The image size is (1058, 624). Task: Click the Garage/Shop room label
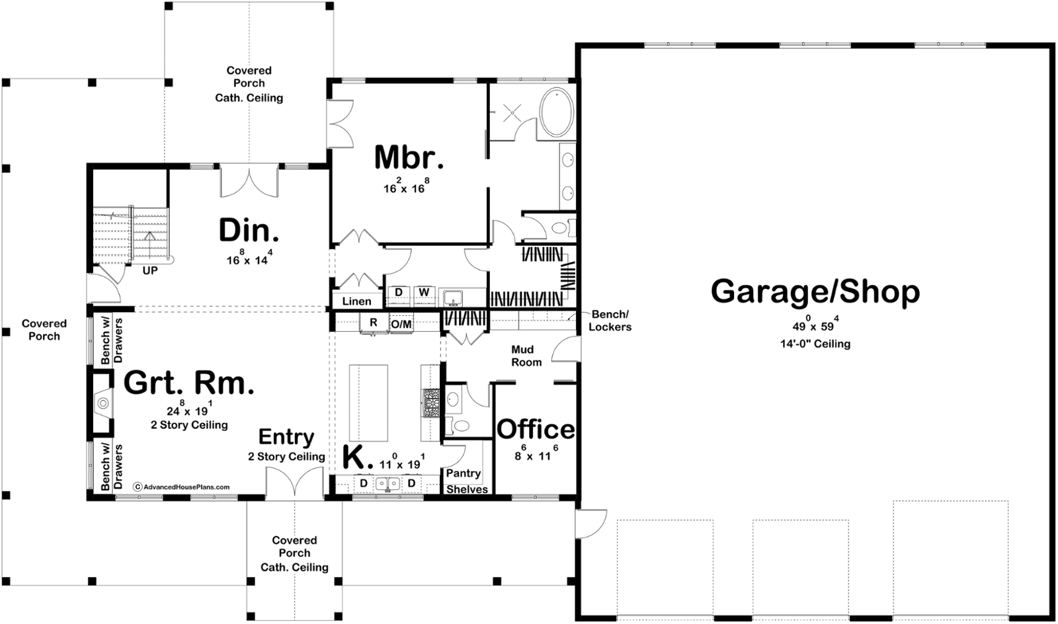815,292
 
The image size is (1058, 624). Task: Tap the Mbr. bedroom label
409,157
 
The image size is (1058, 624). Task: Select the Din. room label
249,230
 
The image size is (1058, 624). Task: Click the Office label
536,429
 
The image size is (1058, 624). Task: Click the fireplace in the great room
101,403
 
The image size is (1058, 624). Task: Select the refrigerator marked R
374,323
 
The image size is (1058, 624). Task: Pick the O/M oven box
401,323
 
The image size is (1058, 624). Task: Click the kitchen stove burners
430,403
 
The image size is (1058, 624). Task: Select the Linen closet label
356,301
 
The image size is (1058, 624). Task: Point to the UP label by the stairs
150,271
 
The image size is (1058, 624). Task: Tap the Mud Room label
526,356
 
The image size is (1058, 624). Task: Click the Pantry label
464,473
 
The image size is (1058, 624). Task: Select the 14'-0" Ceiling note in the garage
815,344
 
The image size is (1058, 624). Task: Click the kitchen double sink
387,484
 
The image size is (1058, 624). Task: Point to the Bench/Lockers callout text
610,321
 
